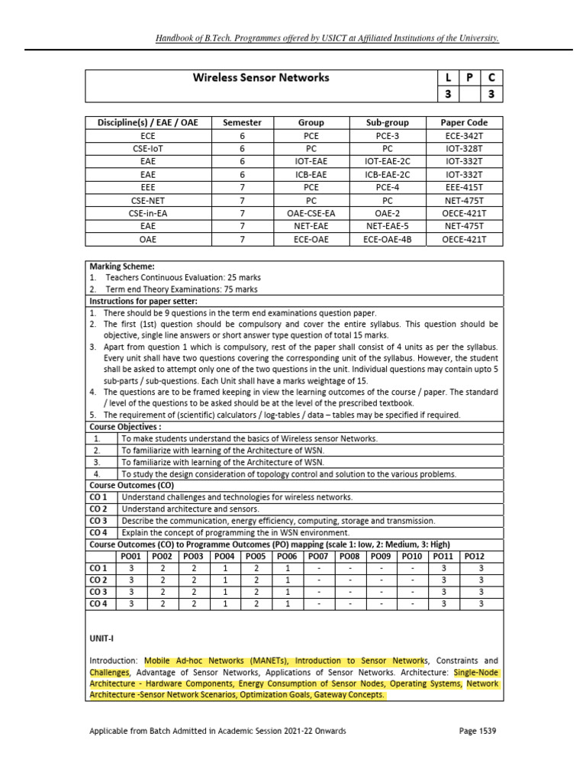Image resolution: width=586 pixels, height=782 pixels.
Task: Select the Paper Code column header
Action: click(464, 122)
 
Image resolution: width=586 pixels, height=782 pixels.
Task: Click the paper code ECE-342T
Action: click(464, 135)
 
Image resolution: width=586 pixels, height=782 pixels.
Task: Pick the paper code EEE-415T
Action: click(464, 187)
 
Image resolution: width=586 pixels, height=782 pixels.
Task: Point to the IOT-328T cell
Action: click(464, 148)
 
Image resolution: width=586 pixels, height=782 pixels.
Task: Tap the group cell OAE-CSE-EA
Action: click(311, 213)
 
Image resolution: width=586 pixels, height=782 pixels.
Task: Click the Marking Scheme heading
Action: click(122, 267)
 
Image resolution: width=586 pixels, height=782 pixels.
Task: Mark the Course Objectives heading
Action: click(125, 426)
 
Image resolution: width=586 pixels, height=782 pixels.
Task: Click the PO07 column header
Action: click(317, 556)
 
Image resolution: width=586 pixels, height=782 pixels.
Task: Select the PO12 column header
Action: click(474, 556)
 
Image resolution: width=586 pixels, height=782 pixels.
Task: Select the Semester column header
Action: click(241, 122)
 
